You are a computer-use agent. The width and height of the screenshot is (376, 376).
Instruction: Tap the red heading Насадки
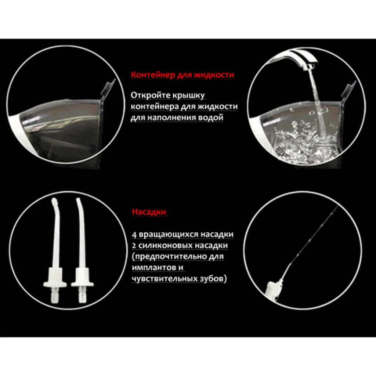click(x=149, y=212)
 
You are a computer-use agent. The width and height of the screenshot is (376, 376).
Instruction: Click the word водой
click(x=211, y=118)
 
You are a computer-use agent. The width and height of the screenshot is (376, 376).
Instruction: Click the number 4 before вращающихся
click(x=134, y=235)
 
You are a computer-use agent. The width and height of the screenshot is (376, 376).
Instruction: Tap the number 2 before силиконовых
click(x=134, y=246)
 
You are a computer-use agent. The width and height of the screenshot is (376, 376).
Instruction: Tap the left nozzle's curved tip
click(x=55, y=203)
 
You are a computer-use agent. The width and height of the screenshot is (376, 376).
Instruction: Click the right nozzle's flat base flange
click(x=82, y=284)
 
